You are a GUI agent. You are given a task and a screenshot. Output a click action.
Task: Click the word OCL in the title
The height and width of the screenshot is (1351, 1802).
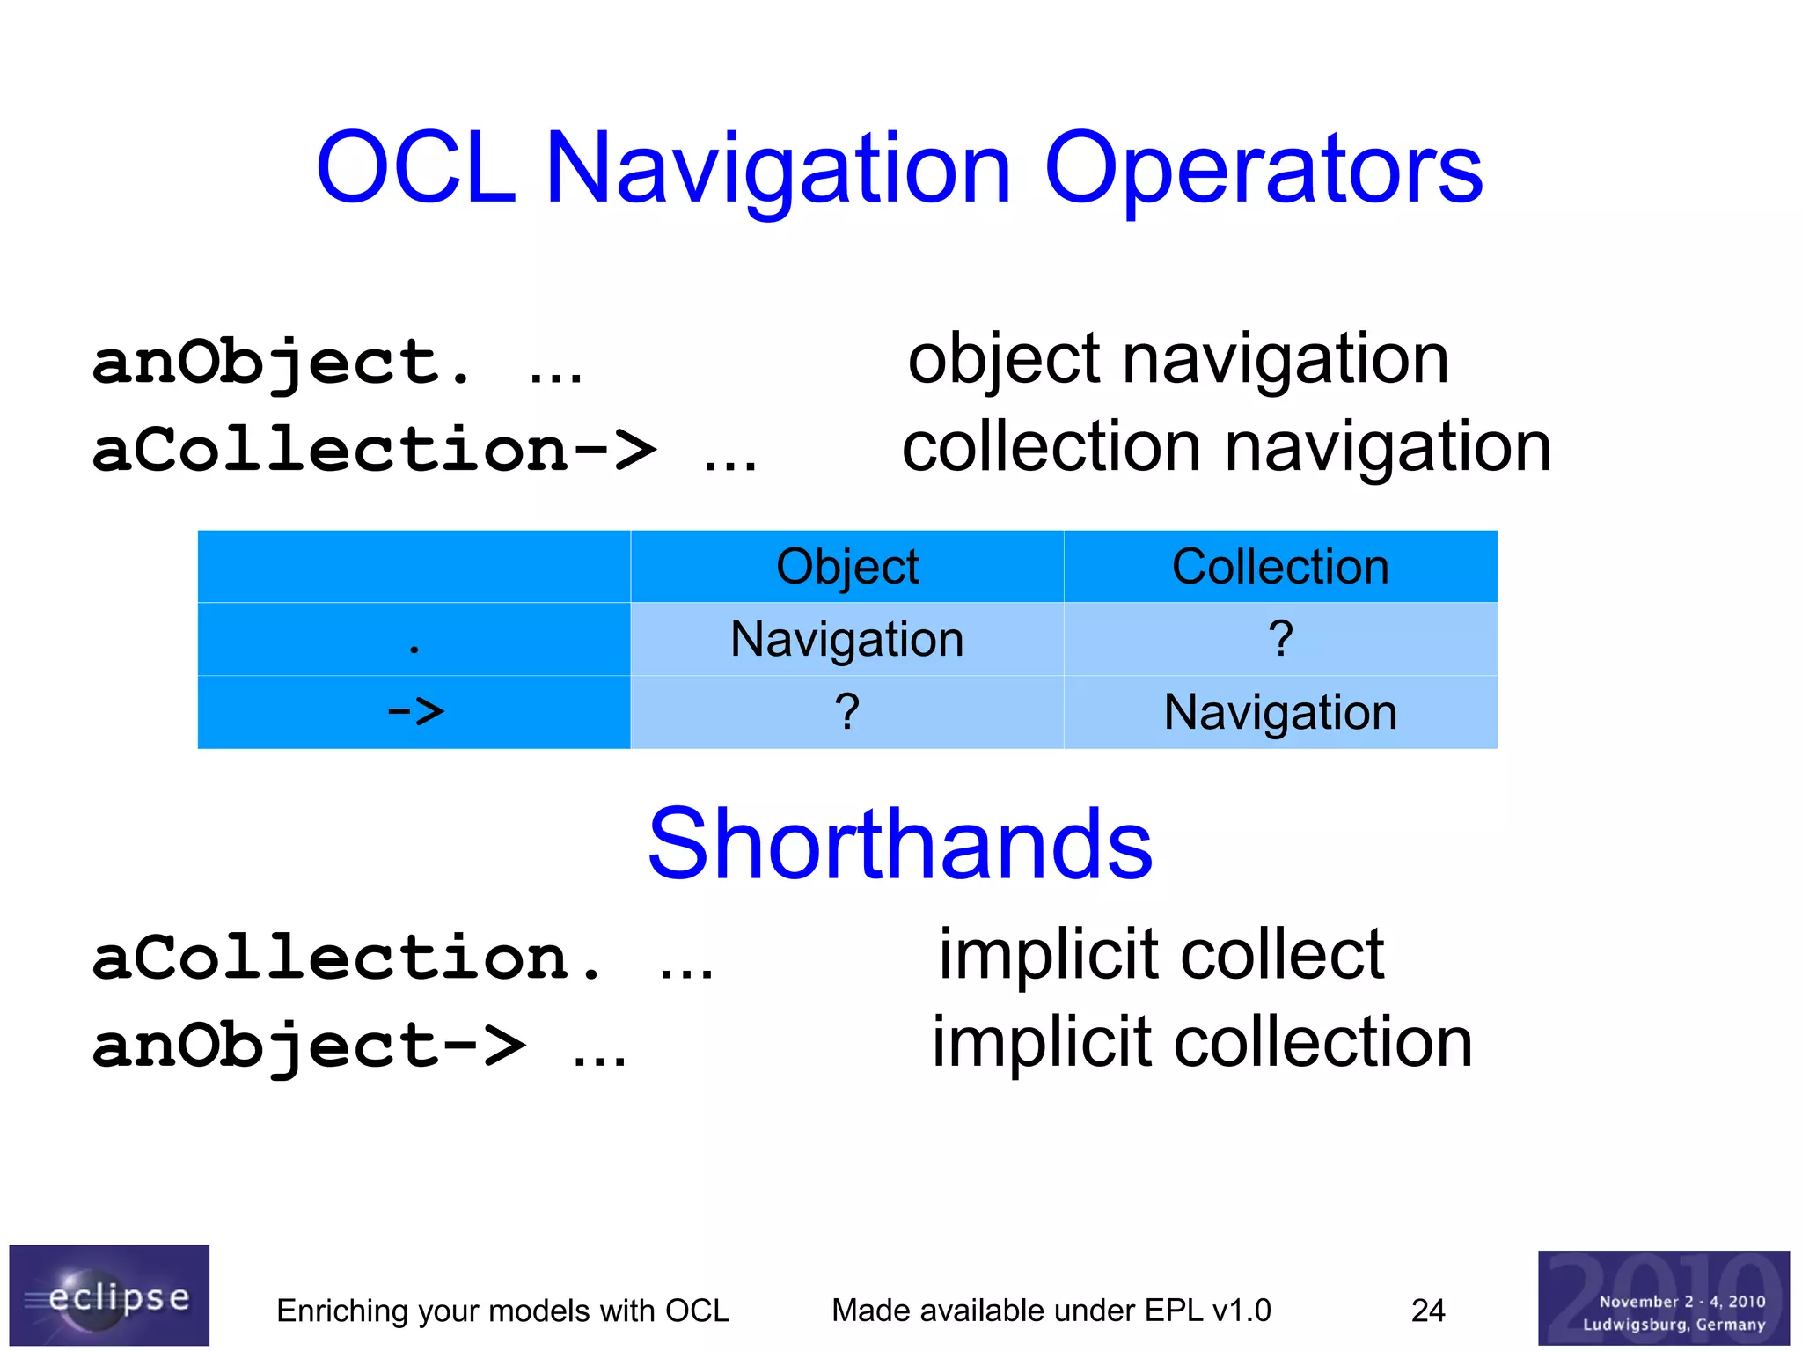(x=415, y=169)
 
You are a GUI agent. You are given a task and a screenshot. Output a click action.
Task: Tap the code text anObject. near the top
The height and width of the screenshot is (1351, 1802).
(x=282, y=363)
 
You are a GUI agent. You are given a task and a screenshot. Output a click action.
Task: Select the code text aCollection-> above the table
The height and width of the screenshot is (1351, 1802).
(x=374, y=451)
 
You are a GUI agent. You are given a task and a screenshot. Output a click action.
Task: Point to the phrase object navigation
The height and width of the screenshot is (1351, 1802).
(x=1178, y=360)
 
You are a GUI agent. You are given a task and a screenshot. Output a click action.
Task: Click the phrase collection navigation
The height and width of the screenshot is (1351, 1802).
(x=1227, y=448)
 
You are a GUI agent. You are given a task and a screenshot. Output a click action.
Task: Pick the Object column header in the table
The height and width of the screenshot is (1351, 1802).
(x=846, y=567)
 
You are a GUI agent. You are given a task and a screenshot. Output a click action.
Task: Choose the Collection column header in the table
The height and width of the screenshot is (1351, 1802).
(x=1280, y=567)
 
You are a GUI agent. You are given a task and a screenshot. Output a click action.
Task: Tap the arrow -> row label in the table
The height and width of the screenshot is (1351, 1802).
(x=415, y=711)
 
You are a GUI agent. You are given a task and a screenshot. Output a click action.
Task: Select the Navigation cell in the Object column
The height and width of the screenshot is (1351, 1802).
(x=846, y=640)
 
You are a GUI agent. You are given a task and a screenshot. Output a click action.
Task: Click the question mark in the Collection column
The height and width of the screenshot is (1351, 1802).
(x=1280, y=639)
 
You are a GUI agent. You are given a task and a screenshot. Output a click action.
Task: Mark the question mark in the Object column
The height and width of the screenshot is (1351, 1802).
(x=846, y=711)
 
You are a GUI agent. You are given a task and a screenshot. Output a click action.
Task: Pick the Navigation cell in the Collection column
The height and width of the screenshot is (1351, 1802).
(x=1280, y=712)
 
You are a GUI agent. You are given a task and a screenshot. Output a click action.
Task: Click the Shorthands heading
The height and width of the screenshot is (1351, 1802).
(x=899, y=845)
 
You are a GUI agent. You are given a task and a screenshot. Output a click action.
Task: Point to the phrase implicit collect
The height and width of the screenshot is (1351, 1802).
(x=1161, y=955)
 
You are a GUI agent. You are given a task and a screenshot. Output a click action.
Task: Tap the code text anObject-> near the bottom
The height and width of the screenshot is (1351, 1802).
(x=308, y=1047)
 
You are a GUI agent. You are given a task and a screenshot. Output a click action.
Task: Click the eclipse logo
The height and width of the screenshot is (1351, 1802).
(x=109, y=1296)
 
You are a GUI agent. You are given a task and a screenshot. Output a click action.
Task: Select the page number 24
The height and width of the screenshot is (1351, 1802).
(x=1427, y=1311)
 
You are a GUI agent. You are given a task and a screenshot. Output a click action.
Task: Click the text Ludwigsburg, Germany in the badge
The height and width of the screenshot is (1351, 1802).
(x=1674, y=1325)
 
